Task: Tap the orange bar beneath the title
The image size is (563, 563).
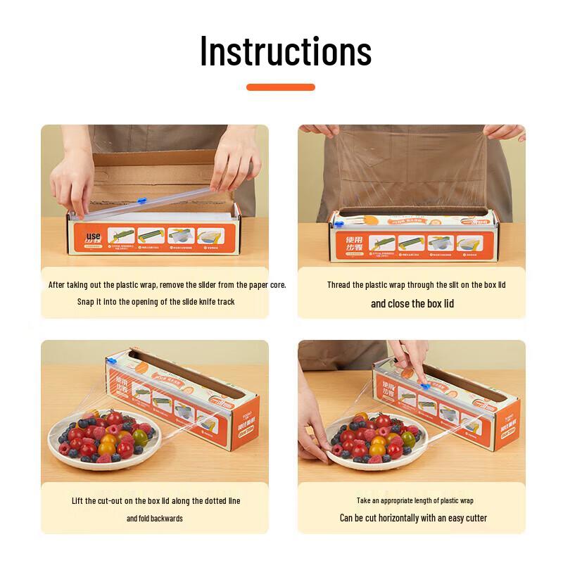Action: coord(280,87)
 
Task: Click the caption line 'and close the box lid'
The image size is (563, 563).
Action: coord(412,303)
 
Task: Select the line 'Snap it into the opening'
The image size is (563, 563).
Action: coord(156,301)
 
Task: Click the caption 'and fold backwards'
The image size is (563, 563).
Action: coord(154,518)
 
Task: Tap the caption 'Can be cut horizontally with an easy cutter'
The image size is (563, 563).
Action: coord(413,518)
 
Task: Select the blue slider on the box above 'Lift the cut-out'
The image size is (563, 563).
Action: coord(110,360)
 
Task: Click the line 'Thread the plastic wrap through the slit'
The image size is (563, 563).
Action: coord(416,285)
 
